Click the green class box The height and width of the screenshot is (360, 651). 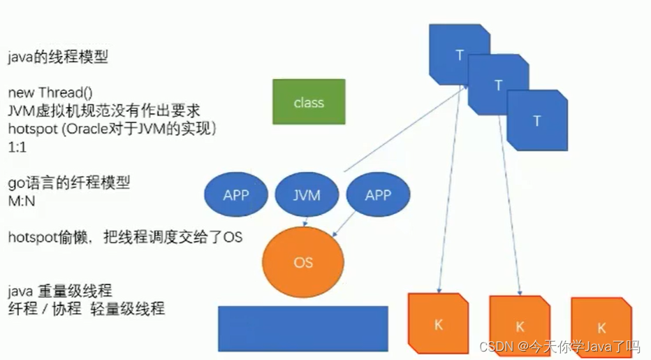pos(309,102)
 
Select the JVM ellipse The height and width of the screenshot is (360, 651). pos(307,195)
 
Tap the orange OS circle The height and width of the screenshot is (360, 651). pos(304,263)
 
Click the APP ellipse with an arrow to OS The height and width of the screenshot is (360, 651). pos(378,195)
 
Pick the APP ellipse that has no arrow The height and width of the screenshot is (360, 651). pos(235,195)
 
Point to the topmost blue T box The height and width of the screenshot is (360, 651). pos(458,52)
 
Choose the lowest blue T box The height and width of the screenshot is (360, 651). pos(536,120)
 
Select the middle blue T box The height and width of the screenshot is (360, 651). pos(497,85)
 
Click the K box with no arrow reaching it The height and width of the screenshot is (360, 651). pos(601,326)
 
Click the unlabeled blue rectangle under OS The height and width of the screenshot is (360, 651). pos(302,329)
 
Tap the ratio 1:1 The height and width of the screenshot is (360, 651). pos(18,148)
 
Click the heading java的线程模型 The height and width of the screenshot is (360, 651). pos(58,58)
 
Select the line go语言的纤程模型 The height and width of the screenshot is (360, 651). pos(68,184)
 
